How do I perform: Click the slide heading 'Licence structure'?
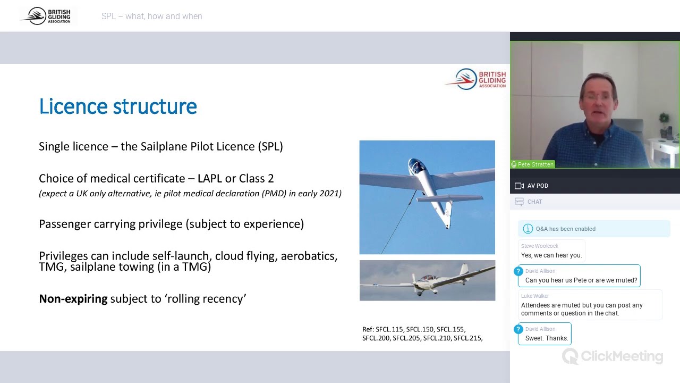coord(118,106)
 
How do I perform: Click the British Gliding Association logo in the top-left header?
coord(49,16)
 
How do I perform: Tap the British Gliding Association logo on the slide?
coord(475,79)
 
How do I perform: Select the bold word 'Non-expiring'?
coord(73,299)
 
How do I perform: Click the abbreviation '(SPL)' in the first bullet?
coord(270,146)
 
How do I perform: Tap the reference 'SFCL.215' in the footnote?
coord(467,338)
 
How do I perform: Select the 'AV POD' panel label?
coord(538,186)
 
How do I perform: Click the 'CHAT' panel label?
coord(534,202)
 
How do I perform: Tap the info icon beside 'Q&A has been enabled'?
coord(528,229)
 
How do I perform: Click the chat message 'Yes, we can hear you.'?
coord(551,255)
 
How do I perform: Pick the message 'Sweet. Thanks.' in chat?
coord(547,338)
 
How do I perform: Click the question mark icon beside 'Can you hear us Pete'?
coord(518,271)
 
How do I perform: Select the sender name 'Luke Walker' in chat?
coord(535,296)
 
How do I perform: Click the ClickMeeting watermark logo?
coord(613,356)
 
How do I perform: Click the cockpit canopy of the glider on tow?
coord(416,165)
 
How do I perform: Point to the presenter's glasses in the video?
coord(598,96)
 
